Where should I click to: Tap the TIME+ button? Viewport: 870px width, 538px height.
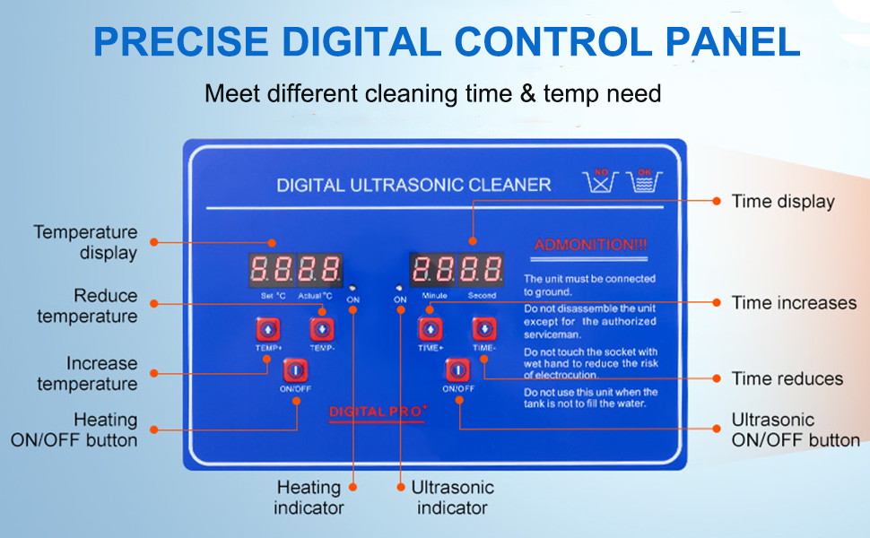click(x=430, y=329)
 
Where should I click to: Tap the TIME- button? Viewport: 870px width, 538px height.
click(x=483, y=329)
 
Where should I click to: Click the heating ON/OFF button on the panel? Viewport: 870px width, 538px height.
click(x=295, y=369)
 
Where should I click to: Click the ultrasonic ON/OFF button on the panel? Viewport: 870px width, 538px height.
click(x=457, y=369)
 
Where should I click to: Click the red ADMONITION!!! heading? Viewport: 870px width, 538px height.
click(x=590, y=245)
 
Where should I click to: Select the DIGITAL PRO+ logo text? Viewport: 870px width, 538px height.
click(x=378, y=412)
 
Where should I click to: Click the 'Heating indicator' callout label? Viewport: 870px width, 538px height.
click(x=309, y=498)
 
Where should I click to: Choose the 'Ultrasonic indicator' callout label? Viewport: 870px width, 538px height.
click(x=452, y=498)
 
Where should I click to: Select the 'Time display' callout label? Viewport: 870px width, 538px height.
click(x=783, y=202)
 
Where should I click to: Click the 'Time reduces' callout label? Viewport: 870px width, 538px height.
click(x=787, y=378)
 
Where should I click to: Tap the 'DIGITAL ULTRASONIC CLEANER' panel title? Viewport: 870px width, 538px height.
click(x=413, y=186)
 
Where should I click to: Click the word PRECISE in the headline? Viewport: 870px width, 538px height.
click(x=179, y=42)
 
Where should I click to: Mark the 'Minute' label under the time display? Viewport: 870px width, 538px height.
click(x=434, y=295)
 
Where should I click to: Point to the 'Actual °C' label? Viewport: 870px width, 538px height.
click(x=315, y=295)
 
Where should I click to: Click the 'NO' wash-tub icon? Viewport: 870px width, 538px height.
click(x=601, y=179)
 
